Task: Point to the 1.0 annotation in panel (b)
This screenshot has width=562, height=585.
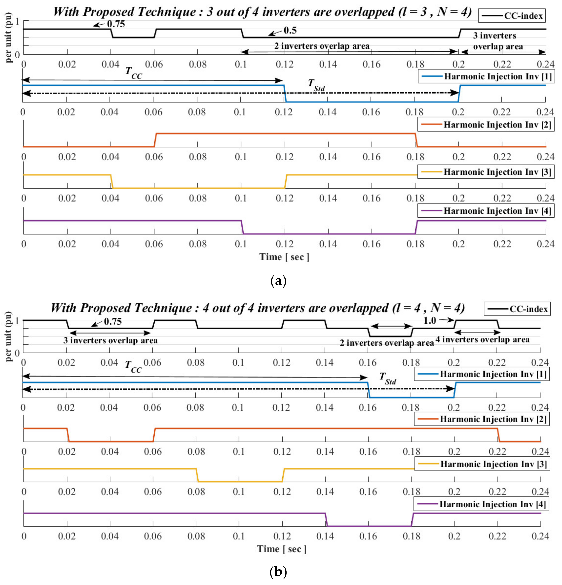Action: tap(430, 321)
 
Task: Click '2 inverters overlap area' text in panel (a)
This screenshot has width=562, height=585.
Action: tap(322, 46)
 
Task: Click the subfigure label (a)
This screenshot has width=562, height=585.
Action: tap(278, 281)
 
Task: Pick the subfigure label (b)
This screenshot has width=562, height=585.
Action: tap(278, 572)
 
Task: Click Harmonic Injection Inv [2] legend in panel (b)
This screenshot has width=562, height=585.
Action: tap(481, 419)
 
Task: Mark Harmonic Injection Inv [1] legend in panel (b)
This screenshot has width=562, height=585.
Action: tap(481, 374)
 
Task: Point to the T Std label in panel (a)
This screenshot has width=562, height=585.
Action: tap(316, 85)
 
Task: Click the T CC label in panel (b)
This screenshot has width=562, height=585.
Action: tap(133, 366)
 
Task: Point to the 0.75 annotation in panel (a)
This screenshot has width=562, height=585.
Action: tap(116, 24)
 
